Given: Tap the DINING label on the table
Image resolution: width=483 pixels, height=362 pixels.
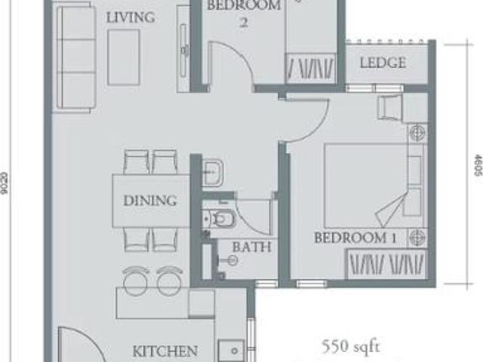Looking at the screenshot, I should tap(151, 201).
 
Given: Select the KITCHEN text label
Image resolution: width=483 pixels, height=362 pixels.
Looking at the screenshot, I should tap(165, 351).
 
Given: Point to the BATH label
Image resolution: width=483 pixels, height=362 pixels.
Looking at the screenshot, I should tap(246, 247).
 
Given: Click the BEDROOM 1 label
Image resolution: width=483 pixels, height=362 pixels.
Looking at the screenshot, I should tap(355, 238).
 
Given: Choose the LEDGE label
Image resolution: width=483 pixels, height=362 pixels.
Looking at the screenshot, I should tap(383, 63).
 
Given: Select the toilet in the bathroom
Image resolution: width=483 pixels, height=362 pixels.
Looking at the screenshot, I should tap(222, 219).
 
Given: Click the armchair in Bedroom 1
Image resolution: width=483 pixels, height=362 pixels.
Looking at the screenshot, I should tap(392, 109).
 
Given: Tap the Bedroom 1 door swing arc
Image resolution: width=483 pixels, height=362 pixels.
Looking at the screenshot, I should tap(302, 121).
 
